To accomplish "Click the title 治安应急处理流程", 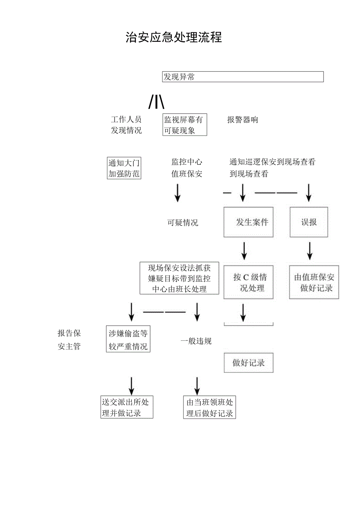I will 174,37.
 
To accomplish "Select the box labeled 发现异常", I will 243,77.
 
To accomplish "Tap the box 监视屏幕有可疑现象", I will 184,125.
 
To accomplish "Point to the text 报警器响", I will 243,120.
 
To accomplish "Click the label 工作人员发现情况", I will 126,125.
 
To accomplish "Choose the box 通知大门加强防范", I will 124,168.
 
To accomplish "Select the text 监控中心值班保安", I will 187,168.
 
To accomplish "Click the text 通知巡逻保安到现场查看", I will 272,167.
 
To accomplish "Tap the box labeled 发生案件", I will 248,222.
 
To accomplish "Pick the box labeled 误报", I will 309,222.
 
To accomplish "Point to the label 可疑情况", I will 183,223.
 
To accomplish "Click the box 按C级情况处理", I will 248,282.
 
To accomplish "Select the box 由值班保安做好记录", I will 314,282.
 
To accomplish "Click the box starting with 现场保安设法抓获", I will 179,278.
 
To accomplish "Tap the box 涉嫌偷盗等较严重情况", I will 128,339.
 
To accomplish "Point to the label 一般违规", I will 196,341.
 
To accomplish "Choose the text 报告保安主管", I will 69,339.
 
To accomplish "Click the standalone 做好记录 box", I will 248,363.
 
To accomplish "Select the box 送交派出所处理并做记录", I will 126,407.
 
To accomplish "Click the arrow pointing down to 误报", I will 309,192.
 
